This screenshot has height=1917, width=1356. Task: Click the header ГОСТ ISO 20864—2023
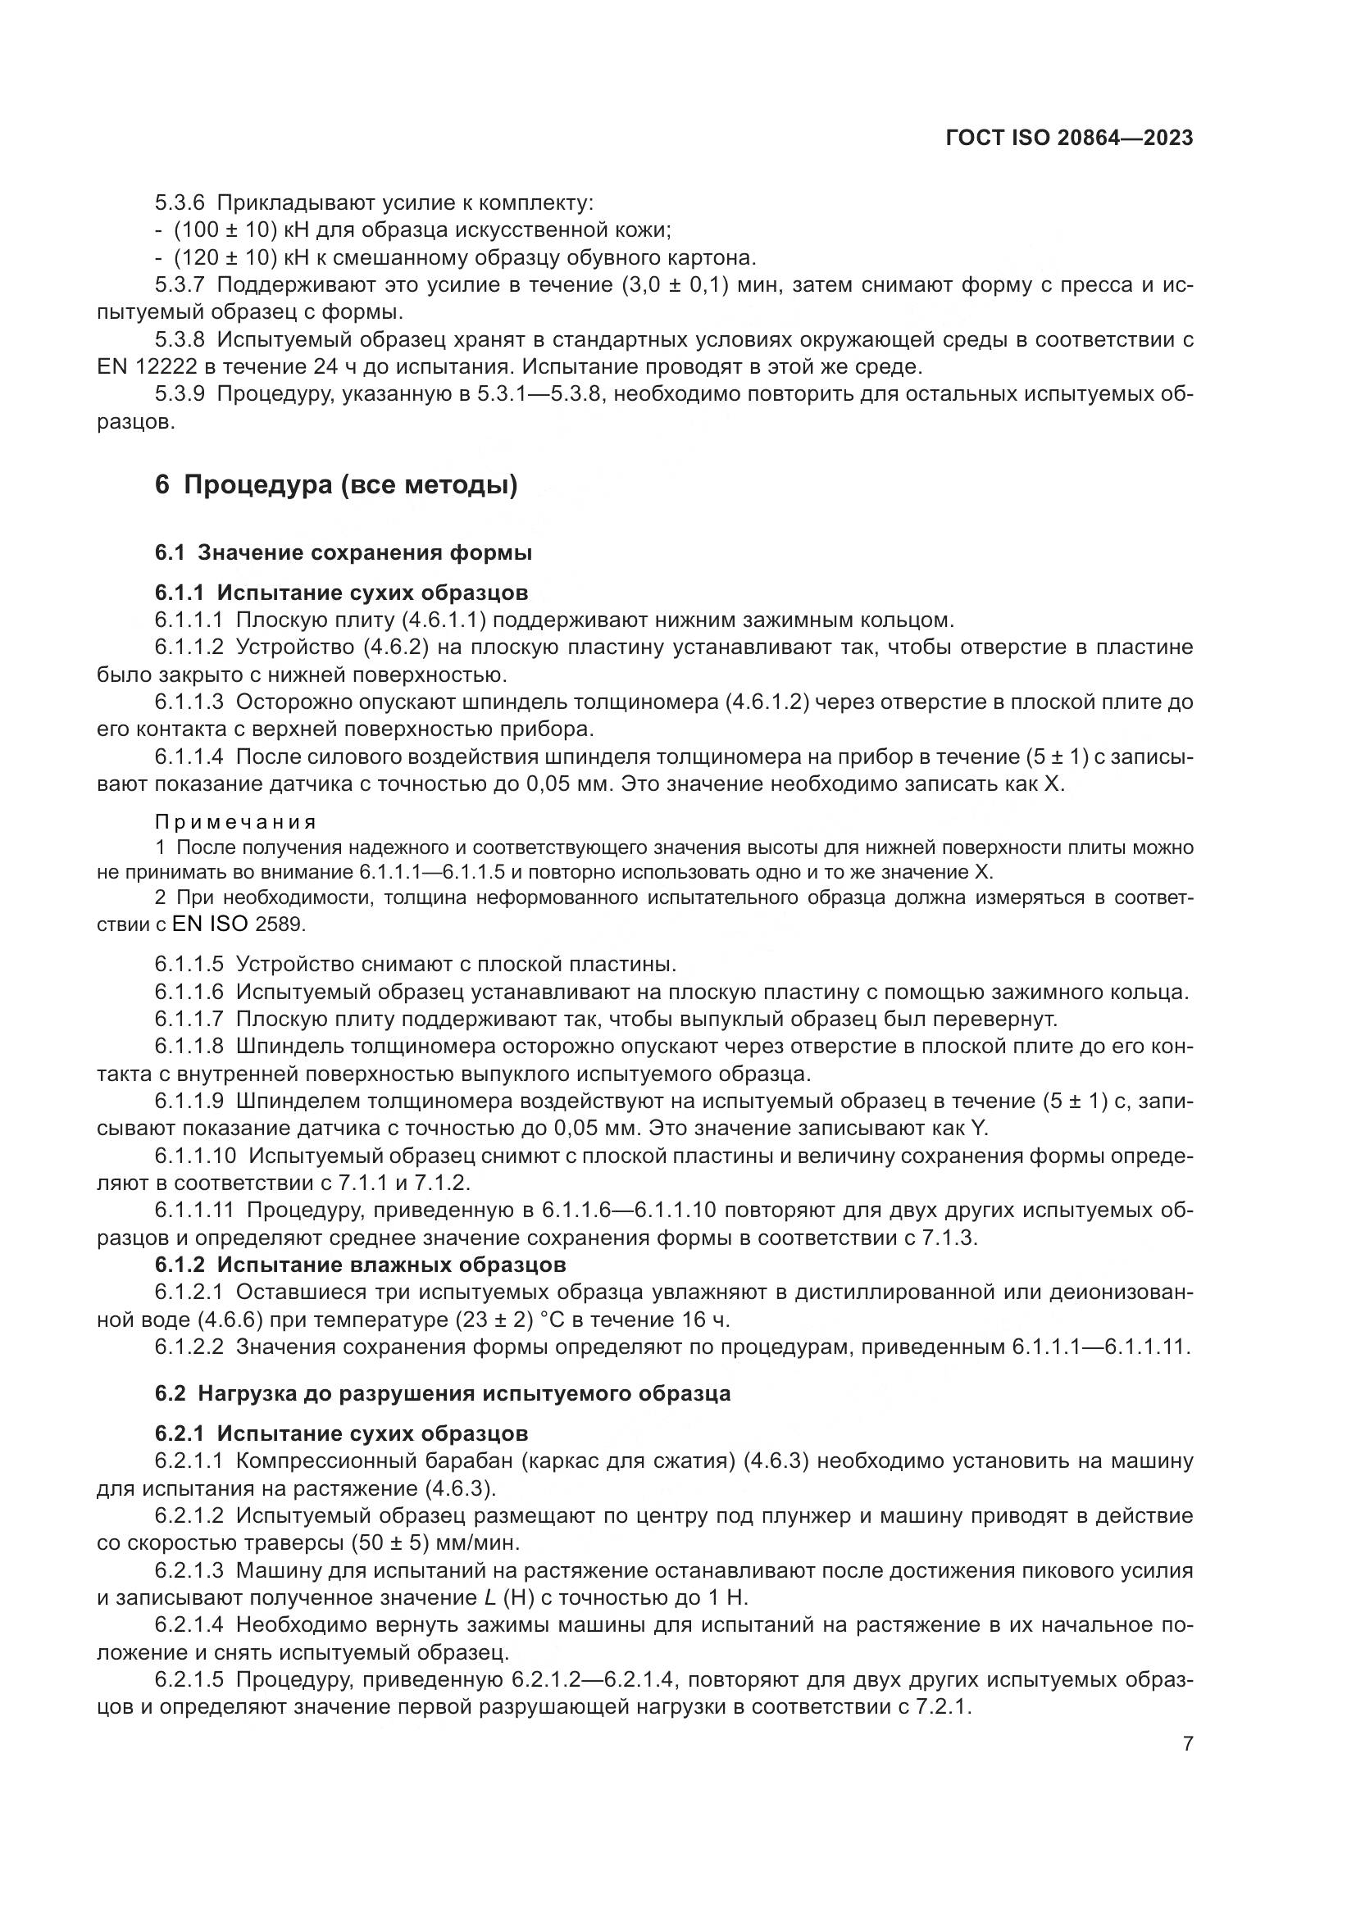1069,139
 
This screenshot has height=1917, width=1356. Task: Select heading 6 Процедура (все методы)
335,485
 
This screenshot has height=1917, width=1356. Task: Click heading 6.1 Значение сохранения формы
344,552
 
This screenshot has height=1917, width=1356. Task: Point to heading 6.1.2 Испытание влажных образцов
360,1265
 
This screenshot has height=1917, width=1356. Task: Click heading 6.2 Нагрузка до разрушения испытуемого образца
443,1393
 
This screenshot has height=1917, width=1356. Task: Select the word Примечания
235,822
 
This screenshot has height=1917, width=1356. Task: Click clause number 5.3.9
180,394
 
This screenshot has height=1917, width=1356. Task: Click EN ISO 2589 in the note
238,924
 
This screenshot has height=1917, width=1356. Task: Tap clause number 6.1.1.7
189,1020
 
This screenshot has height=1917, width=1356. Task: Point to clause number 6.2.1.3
189,1570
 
